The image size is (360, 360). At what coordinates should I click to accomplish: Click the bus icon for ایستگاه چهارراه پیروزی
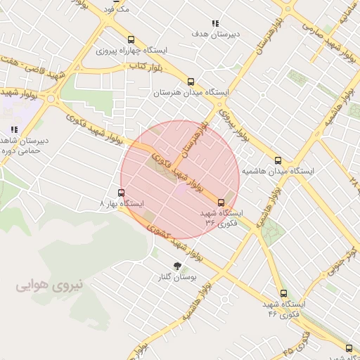click(131, 39)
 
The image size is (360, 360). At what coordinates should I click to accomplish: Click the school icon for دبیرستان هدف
click(215, 22)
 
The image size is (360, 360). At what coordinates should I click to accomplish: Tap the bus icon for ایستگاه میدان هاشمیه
click(278, 160)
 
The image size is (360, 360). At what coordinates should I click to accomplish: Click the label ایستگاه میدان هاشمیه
click(278, 172)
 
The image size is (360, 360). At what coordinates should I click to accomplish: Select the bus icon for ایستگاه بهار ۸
click(122, 192)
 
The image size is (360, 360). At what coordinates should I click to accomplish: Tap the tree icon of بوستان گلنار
click(176, 266)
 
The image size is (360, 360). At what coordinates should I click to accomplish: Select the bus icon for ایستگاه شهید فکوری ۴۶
click(283, 293)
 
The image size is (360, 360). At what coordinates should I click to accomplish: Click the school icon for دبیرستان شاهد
click(13, 129)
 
